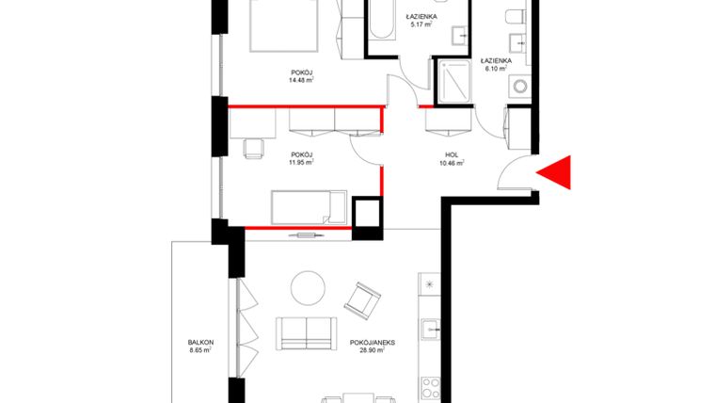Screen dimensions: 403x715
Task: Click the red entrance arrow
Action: (556, 172)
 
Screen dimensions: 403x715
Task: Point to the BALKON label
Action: (199, 342)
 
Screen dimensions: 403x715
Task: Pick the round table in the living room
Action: (306, 286)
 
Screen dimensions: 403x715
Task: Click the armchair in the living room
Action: (362, 300)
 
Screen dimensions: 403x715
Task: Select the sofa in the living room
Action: (306, 333)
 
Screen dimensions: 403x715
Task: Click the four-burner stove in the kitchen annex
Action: (431, 387)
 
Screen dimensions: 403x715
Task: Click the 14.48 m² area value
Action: (301, 80)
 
